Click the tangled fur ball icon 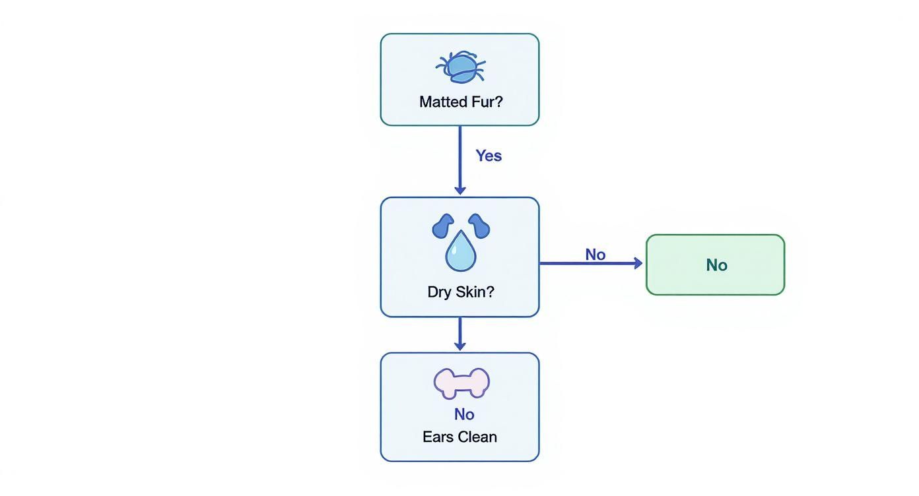point(460,67)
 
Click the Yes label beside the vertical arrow point(489,156)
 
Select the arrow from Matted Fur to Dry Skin point(460,158)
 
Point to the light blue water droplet point(460,252)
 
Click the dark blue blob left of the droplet point(443,226)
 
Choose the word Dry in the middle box point(439,292)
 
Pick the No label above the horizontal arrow point(595,255)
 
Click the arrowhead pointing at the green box point(638,263)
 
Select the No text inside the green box point(716,265)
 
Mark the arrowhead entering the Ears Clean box point(460,346)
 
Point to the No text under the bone point(464,414)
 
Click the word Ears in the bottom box point(436,437)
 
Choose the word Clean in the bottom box point(475,437)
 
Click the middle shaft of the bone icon point(461,383)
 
